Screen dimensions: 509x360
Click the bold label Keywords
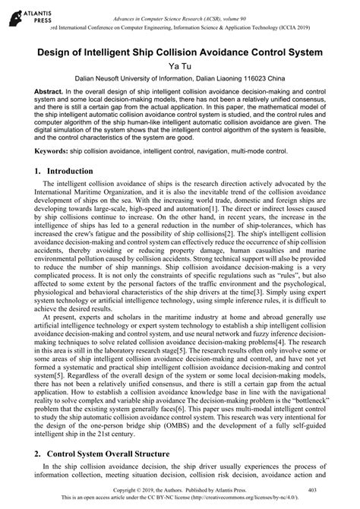(52, 152)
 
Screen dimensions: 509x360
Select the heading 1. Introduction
(63, 172)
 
